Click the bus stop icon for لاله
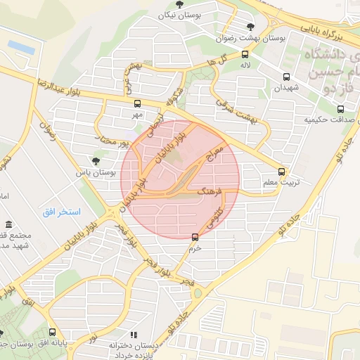(244, 54)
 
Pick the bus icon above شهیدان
(286, 77)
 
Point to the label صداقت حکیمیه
(326, 120)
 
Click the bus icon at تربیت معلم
(282, 171)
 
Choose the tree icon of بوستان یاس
(96, 161)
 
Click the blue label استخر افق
(61, 212)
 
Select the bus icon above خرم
(195, 237)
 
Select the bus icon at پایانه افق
(53, 333)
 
